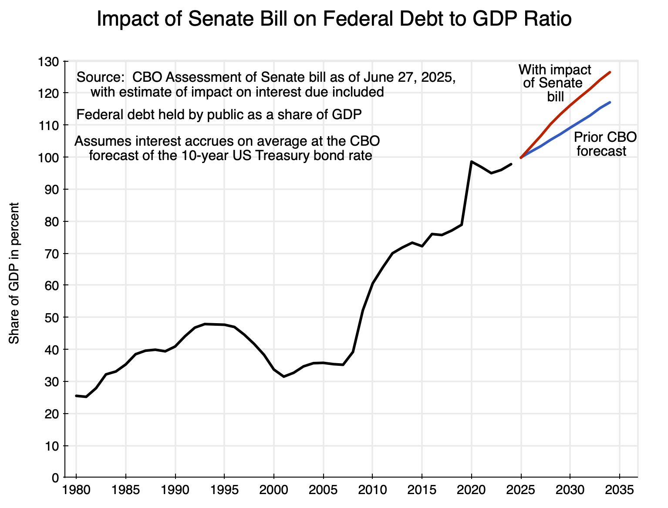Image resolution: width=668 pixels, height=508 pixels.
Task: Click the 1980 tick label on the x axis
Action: tap(76, 490)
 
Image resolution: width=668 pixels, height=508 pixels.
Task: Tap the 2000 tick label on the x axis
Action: tap(274, 490)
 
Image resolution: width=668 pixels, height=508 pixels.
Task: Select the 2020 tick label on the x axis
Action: tap(472, 490)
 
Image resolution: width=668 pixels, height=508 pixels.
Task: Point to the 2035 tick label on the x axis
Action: tap(620, 490)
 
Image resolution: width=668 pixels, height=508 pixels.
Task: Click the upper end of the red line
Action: tap(610, 72)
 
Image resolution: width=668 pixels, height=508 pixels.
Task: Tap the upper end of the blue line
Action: tap(610, 102)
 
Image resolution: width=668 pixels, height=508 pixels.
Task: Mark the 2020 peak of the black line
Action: tap(472, 161)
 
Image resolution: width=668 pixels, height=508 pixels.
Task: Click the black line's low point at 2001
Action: tap(284, 376)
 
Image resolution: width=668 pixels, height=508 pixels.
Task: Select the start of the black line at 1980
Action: tap(76, 396)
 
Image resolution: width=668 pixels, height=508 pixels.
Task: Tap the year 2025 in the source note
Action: tap(441, 78)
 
